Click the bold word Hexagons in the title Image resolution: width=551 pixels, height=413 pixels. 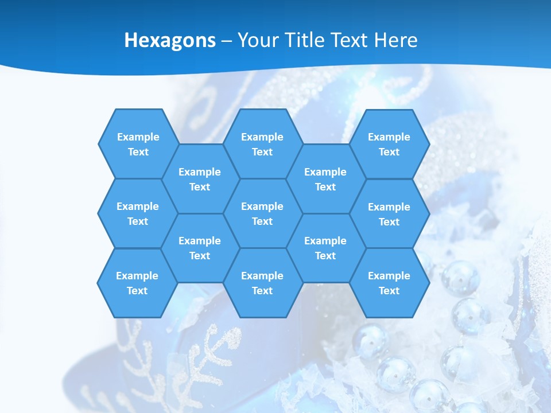tap(170, 40)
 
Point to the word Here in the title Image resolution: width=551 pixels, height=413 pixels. tap(396, 40)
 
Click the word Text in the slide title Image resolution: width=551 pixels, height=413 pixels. tap(350, 40)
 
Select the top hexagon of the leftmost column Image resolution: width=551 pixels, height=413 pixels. tap(138, 144)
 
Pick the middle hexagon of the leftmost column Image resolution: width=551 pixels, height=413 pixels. tap(138, 213)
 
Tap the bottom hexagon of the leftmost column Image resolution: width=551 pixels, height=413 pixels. tap(137, 283)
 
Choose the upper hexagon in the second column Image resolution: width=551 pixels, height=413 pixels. tap(200, 179)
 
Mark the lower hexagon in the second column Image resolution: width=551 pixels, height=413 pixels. tap(200, 248)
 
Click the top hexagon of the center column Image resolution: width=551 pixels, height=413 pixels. tap(262, 144)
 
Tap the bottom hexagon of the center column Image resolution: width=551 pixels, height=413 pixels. tap(262, 283)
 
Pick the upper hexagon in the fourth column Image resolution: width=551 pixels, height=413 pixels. tap(325, 179)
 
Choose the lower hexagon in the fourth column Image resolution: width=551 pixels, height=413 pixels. tap(325, 248)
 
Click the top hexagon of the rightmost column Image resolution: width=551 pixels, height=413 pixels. tap(389, 144)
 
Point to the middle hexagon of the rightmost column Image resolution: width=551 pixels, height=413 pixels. tap(389, 214)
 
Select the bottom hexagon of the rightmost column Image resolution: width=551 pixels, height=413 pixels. tap(389, 283)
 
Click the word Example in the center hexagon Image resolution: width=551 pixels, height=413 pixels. tap(262, 206)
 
